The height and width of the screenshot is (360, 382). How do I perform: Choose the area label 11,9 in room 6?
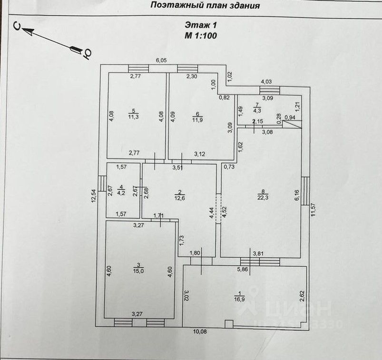coord(197,118)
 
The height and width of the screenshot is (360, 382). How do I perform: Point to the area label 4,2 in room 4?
coord(121,193)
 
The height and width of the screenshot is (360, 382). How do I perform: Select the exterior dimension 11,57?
coord(313,210)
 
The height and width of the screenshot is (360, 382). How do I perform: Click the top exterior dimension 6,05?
coord(162,60)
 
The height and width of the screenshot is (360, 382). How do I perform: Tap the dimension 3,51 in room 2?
coord(177,167)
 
